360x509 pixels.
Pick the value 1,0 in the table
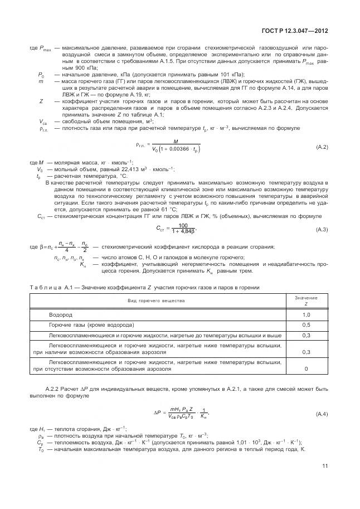(306, 315)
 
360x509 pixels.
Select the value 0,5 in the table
(306, 324)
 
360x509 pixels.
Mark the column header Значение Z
(306, 301)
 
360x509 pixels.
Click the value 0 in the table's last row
(306, 369)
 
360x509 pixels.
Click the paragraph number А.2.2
(52, 388)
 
